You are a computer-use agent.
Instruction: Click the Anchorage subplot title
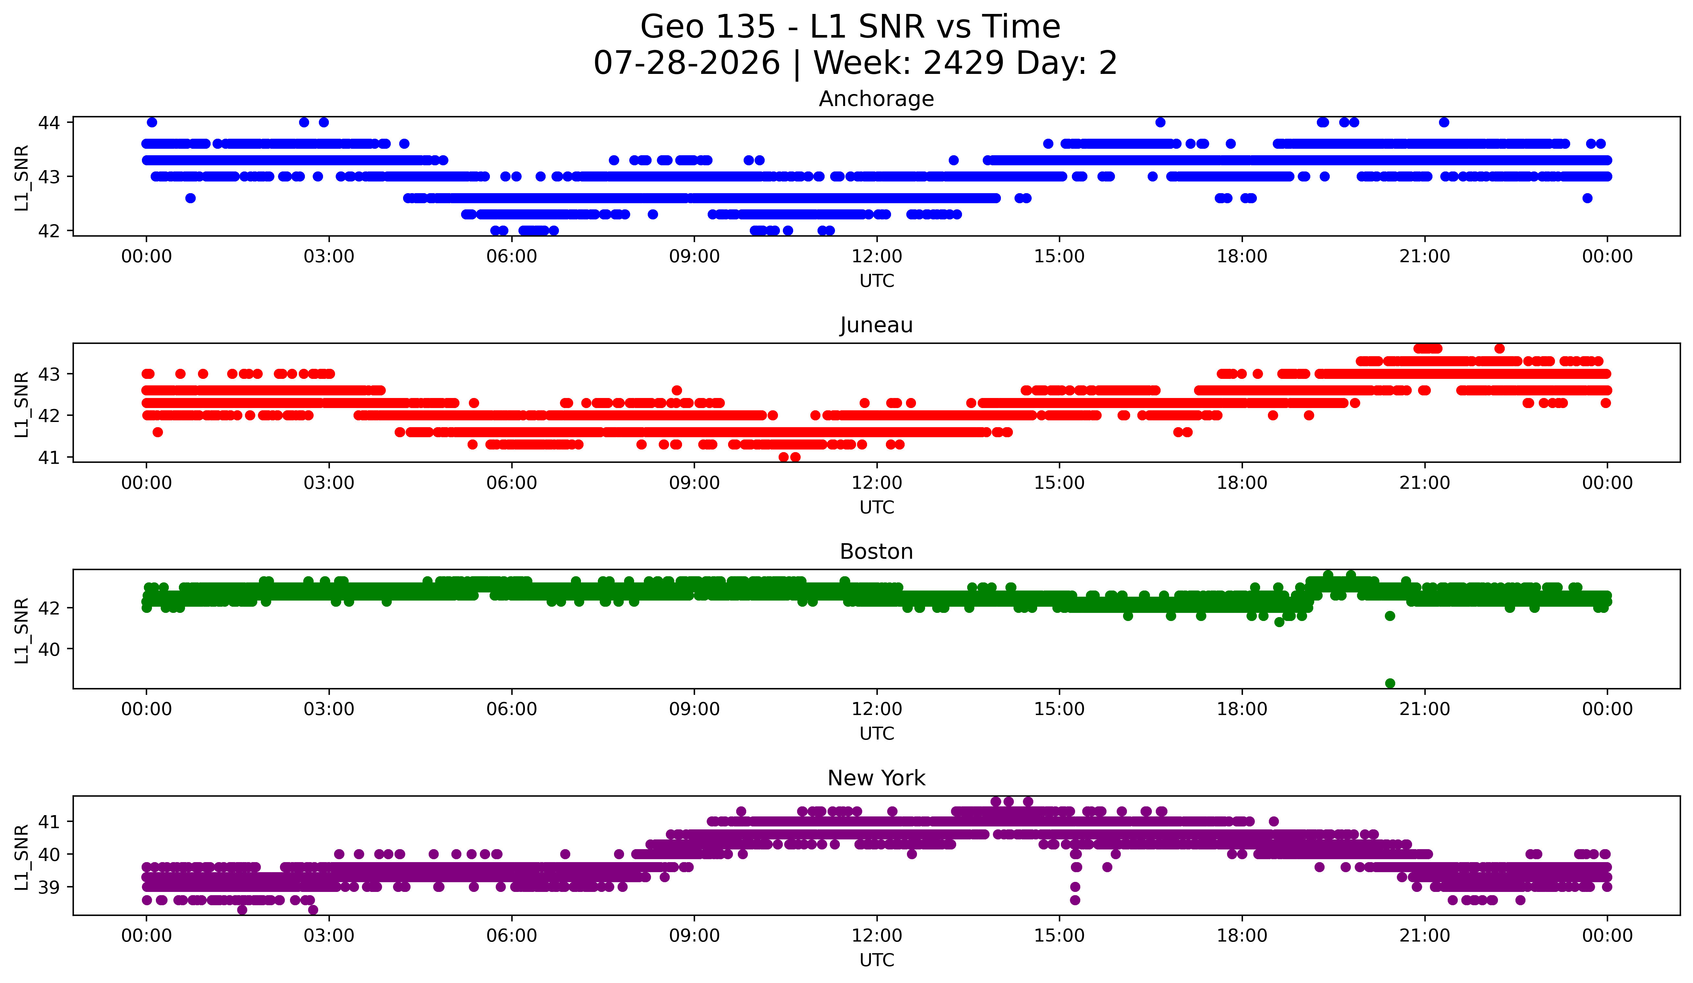[x=876, y=99]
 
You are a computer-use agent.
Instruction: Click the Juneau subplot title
[x=876, y=325]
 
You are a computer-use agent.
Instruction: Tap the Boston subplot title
[x=876, y=552]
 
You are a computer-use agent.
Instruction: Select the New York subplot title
[x=876, y=778]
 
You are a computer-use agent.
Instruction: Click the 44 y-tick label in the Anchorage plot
[x=49, y=122]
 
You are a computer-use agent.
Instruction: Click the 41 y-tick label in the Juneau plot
[x=49, y=458]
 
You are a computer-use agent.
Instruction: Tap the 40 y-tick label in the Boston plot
[x=49, y=649]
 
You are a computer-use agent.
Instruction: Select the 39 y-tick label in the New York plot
[x=49, y=887]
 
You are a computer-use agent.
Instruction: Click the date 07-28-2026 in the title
[x=687, y=63]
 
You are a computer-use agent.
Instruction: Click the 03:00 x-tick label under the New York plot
[x=329, y=935]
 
